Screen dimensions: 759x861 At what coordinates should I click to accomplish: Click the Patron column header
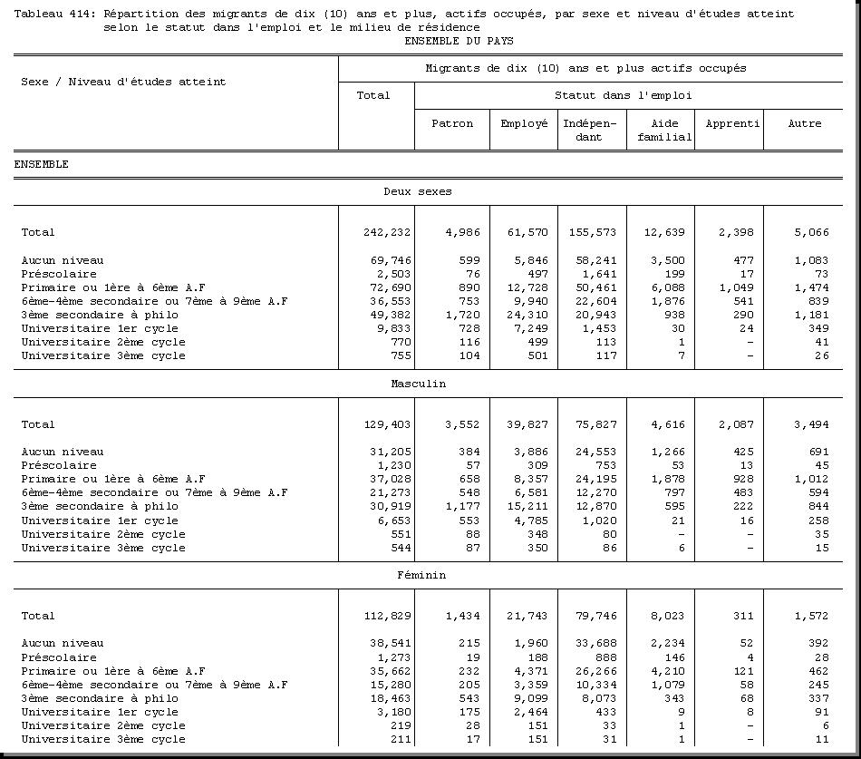[x=451, y=124]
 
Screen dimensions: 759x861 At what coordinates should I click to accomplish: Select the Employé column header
[x=524, y=124]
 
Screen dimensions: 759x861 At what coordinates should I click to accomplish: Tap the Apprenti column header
[x=731, y=124]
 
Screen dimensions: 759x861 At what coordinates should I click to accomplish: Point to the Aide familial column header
[x=664, y=131]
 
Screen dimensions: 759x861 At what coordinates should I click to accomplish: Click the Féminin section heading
[x=421, y=575]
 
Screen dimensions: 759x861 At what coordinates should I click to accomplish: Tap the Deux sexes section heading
[x=418, y=192]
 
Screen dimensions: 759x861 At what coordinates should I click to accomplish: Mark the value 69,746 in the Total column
[x=389, y=260]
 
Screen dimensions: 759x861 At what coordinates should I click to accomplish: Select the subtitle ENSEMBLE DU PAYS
[x=458, y=41]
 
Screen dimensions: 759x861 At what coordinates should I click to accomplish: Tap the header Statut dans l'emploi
[x=624, y=95]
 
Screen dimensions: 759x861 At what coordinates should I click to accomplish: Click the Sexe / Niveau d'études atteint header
[x=123, y=82]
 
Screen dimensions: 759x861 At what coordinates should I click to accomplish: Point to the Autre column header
[x=804, y=124]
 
